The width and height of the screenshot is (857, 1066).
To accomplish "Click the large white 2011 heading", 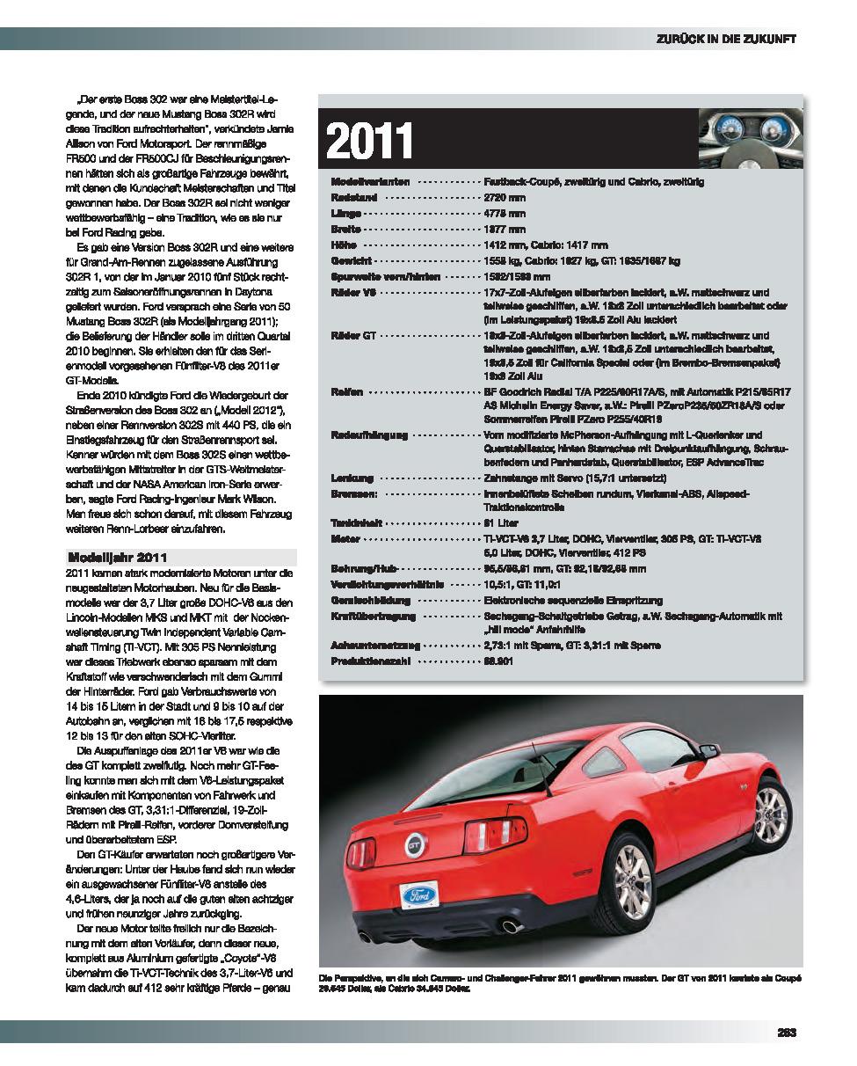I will pos(370,140).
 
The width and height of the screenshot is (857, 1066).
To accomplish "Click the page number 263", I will pos(786,1033).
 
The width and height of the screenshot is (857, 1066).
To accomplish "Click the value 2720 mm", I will pos(505,197).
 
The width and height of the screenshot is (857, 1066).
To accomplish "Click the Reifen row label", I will pos(346,391).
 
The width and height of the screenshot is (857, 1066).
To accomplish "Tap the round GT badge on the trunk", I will pos(414,845).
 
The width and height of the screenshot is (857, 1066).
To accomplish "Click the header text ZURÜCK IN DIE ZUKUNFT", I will pos(726,39).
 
